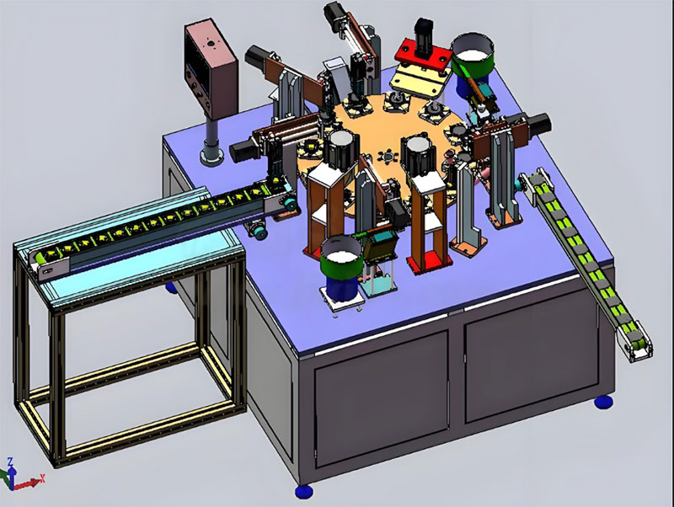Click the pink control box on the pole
coord(211,67)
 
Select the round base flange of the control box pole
coord(211,156)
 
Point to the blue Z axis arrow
coord(12,476)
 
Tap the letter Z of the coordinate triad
coord(10,462)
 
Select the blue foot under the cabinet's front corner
coord(304,491)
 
